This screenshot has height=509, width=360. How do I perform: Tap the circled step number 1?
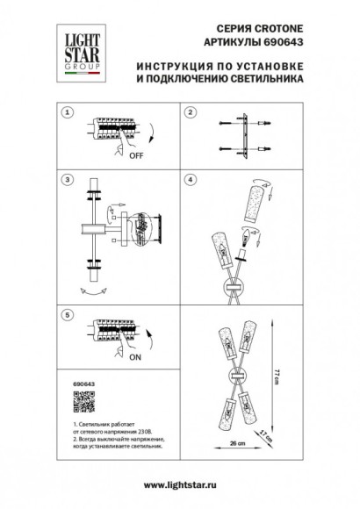tap(68, 113)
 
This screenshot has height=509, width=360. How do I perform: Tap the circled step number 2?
tap(189, 113)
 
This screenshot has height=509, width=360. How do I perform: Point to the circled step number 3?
tap(68, 179)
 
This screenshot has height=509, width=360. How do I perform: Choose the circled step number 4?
tap(189, 179)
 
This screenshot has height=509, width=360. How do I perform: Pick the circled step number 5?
tap(68, 313)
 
